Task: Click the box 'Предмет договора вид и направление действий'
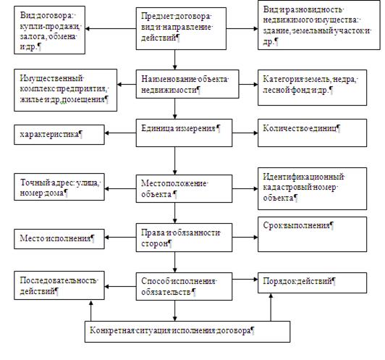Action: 181,28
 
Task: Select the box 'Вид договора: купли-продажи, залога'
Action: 50,30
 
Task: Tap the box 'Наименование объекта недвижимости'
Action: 187,84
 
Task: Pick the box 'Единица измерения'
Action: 184,133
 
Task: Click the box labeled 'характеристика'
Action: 59,135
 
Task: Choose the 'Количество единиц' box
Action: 313,133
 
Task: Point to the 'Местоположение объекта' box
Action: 184,189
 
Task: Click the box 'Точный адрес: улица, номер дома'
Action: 59,187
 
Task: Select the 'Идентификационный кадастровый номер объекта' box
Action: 313,189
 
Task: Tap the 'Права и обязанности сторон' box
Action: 184,238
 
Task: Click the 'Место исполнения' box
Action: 59,239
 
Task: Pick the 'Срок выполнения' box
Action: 313,234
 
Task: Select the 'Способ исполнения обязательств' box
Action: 184,286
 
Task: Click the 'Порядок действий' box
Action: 313,282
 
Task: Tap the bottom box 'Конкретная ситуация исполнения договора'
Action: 187,332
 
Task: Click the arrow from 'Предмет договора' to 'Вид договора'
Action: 111,28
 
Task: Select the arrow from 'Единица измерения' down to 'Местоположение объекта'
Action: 175,161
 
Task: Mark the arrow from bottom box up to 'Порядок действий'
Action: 271,307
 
